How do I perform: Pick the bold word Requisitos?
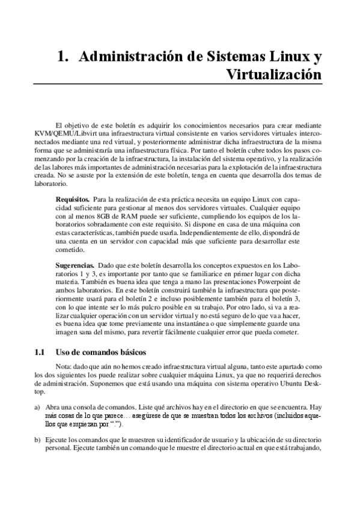point(73,198)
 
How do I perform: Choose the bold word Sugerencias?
point(75,265)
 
